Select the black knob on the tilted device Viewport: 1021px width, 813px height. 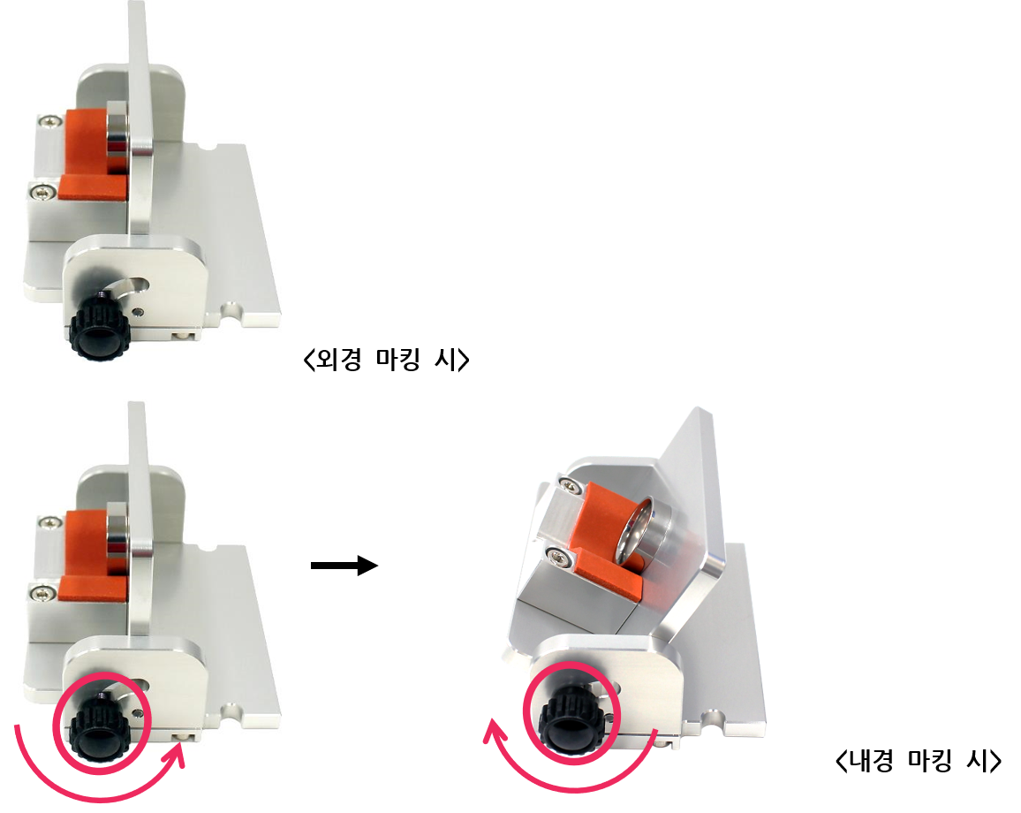[x=572, y=720]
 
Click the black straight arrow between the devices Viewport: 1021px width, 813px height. [x=344, y=565]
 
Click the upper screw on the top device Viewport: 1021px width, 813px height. [x=49, y=120]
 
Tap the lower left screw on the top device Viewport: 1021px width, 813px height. [x=43, y=192]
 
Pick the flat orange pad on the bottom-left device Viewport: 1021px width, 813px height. [x=93, y=589]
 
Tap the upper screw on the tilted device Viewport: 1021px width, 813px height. [x=571, y=484]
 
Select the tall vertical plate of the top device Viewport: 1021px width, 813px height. [x=141, y=118]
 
